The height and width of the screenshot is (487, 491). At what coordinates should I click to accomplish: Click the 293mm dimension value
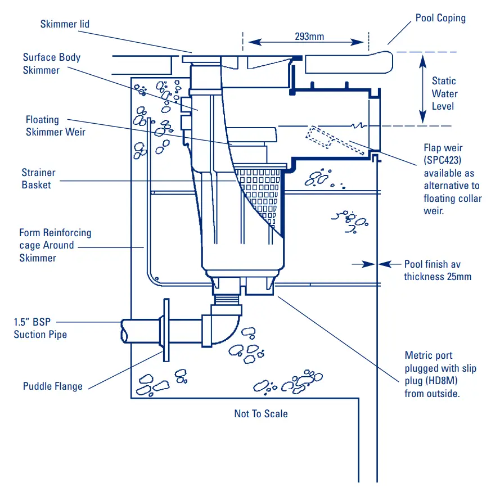click(x=309, y=37)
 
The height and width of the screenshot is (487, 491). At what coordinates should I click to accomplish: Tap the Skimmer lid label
click(x=65, y=24)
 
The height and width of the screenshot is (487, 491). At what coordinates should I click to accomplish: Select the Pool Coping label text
click(x=440, y=18)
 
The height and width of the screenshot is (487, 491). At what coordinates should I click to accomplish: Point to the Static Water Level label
click(x=444, y=93)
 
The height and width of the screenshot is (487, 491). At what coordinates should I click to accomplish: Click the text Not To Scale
click(x=261, y=414)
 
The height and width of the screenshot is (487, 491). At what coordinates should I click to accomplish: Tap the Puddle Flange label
click(x=52, y=386)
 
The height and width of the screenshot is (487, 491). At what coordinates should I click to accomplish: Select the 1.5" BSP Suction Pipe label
click(x=40, y=328)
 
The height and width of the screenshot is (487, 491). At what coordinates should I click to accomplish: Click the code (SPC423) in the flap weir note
click(x=443, y=160)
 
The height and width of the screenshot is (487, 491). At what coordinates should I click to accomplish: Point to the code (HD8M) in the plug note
click(x=444, y=381)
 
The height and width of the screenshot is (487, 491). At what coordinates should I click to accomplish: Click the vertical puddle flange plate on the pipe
click(x=166, y=330)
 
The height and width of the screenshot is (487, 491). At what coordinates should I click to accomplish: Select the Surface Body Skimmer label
click(x=51, y=64)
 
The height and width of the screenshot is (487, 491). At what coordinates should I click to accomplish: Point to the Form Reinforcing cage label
click(x=55, y=245)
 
